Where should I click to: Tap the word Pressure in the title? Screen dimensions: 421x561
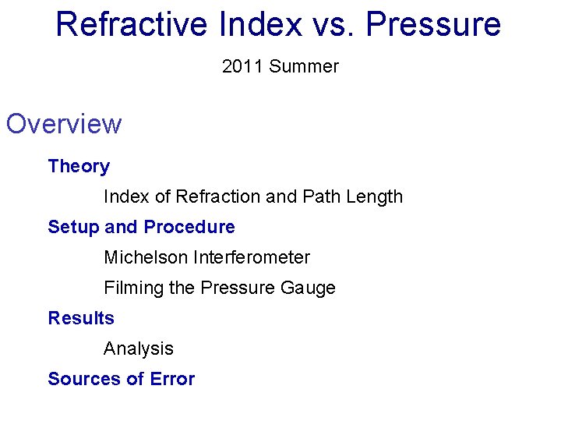(433, 24)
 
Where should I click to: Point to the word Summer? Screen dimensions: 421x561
(304, 67)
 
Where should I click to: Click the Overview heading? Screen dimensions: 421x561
(64, 124)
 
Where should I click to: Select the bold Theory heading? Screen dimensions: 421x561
(79, 166)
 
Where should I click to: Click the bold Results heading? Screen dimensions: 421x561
(81, 318)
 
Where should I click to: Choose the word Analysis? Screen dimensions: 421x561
(139, 348)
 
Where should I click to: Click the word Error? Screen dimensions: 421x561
(173, 379)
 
